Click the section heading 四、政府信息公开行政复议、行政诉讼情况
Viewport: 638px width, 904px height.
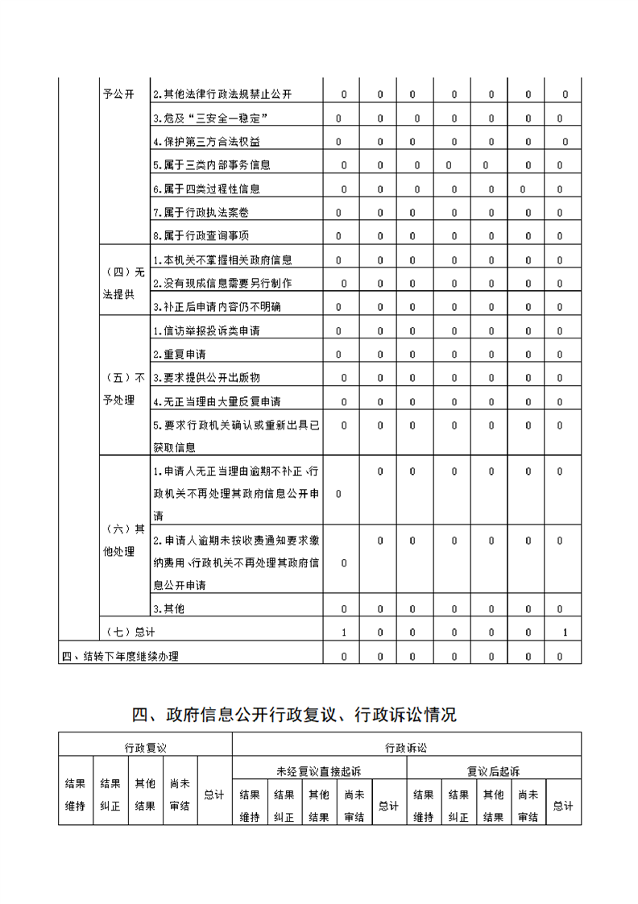click(294, 715)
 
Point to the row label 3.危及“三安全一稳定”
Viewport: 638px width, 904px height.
click(210, 118)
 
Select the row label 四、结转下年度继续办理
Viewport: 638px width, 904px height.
click(120, 657)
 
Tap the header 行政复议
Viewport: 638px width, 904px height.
click(145, 747)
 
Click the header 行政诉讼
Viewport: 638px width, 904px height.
click(406, 747)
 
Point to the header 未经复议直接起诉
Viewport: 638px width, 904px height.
click(319, 771)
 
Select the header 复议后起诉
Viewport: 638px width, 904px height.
click(493, 771)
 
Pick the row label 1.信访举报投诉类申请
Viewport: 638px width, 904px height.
click(206, 331)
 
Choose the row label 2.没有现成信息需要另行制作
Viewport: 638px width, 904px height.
click(222, 284)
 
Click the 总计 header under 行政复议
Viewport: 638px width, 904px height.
click(213, 795)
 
